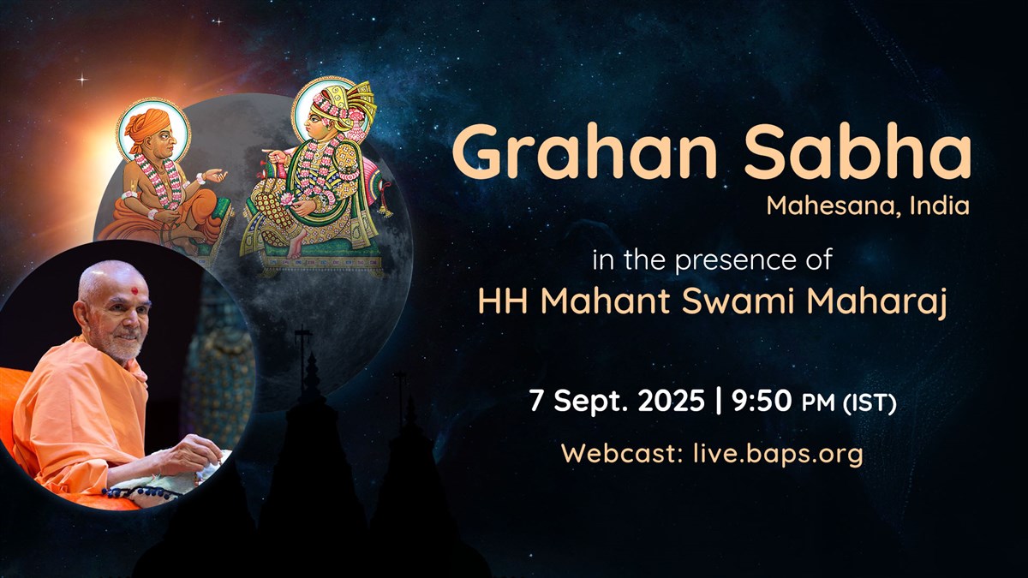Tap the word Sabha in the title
click(858, 152)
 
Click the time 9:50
click(762, 401)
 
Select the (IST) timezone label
click(870, 403)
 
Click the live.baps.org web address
click(778, 453)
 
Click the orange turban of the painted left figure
click(148, 126)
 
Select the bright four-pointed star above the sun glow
click(82, 80)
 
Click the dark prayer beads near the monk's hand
click(143, 493)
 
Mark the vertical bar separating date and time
click(718, 401)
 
